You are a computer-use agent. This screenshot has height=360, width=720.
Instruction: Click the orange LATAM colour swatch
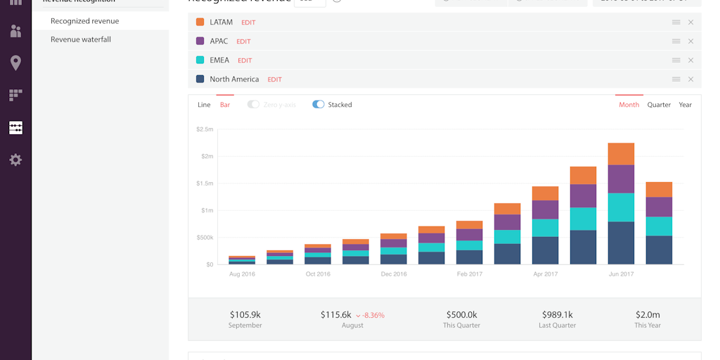[200, 22]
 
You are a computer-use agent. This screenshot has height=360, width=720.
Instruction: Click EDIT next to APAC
[243, 41]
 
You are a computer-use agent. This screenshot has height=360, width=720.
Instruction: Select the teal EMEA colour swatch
[200, 60]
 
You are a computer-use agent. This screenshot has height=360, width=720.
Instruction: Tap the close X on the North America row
[690, 79]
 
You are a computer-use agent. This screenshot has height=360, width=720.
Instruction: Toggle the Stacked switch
[319, 105]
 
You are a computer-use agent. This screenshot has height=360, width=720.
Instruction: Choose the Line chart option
[204, 105]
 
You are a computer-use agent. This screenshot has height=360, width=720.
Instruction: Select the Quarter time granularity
[659, 105]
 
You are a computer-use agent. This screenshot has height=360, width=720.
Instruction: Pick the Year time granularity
[685, 105]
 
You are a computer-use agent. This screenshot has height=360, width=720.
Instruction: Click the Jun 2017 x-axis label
[622, 274]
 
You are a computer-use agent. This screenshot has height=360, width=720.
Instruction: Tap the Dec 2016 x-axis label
[394, 274]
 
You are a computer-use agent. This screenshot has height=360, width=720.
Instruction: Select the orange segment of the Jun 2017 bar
[621, 154]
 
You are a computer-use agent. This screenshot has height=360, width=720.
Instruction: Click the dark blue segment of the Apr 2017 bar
[545, 250]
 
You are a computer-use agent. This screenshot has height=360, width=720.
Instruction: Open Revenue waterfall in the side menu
[81, 39]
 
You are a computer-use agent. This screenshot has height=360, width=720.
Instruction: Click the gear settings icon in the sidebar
[15, 160]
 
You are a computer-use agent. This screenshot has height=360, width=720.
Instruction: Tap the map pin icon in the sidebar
[15, 63]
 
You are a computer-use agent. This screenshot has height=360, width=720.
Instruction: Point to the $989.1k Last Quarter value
[558, 315]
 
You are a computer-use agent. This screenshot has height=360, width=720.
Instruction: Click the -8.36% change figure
[373, 316]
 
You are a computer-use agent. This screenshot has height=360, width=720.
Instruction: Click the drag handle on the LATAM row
[676, 22]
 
